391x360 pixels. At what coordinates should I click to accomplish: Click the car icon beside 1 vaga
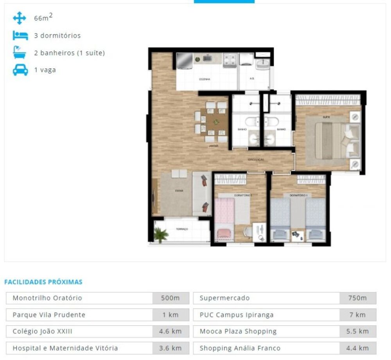20,70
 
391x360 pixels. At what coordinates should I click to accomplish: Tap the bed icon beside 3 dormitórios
20,36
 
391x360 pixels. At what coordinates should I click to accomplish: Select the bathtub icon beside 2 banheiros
20,53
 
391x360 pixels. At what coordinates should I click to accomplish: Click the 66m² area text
43,18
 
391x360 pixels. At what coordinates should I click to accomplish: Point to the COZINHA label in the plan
204,79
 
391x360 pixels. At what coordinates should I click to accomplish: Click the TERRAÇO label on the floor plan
182,229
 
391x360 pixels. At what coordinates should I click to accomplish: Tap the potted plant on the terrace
161,235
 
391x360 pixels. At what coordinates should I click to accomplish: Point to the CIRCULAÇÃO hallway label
256,160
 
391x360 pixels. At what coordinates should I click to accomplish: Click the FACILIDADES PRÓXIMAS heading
43,282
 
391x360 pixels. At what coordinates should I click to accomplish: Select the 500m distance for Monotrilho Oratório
170,298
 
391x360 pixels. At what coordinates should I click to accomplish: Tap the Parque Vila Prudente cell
49,315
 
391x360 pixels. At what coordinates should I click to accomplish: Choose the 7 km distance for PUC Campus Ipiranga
358,315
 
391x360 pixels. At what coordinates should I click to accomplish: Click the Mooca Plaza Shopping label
238,331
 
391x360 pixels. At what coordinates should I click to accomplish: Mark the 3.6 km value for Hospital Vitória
170,348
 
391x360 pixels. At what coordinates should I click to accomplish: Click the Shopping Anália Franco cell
240,348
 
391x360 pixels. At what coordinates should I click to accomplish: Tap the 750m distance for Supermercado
358,298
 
